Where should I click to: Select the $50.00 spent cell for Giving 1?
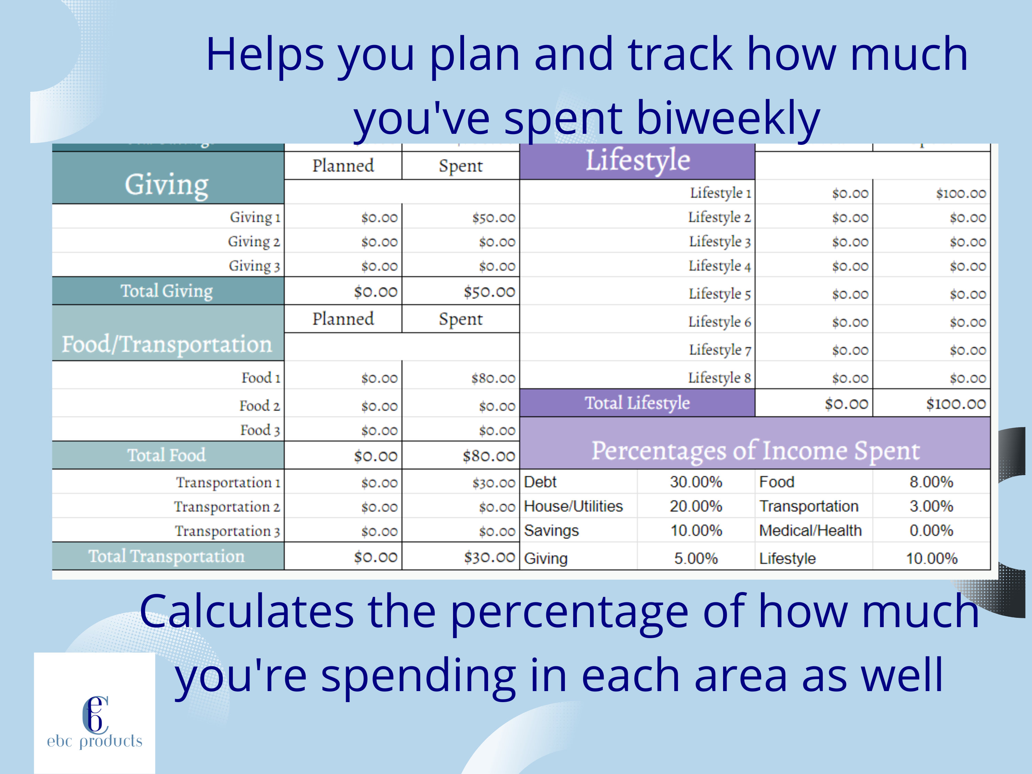(493, 217)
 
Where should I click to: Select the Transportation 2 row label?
(227, 507)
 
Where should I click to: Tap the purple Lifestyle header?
(637, 161)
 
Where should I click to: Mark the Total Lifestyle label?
(637, 402)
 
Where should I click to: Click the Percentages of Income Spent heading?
(755, 451)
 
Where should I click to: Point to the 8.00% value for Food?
(931, 482)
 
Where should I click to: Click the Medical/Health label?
(810, 530)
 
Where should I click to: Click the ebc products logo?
(95, 721)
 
